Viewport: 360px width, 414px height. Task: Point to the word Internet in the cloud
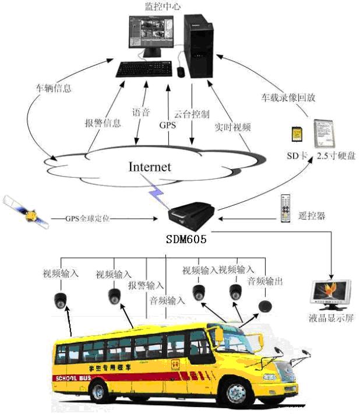coord(150,167)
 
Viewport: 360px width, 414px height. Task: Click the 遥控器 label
coord(312,215)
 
